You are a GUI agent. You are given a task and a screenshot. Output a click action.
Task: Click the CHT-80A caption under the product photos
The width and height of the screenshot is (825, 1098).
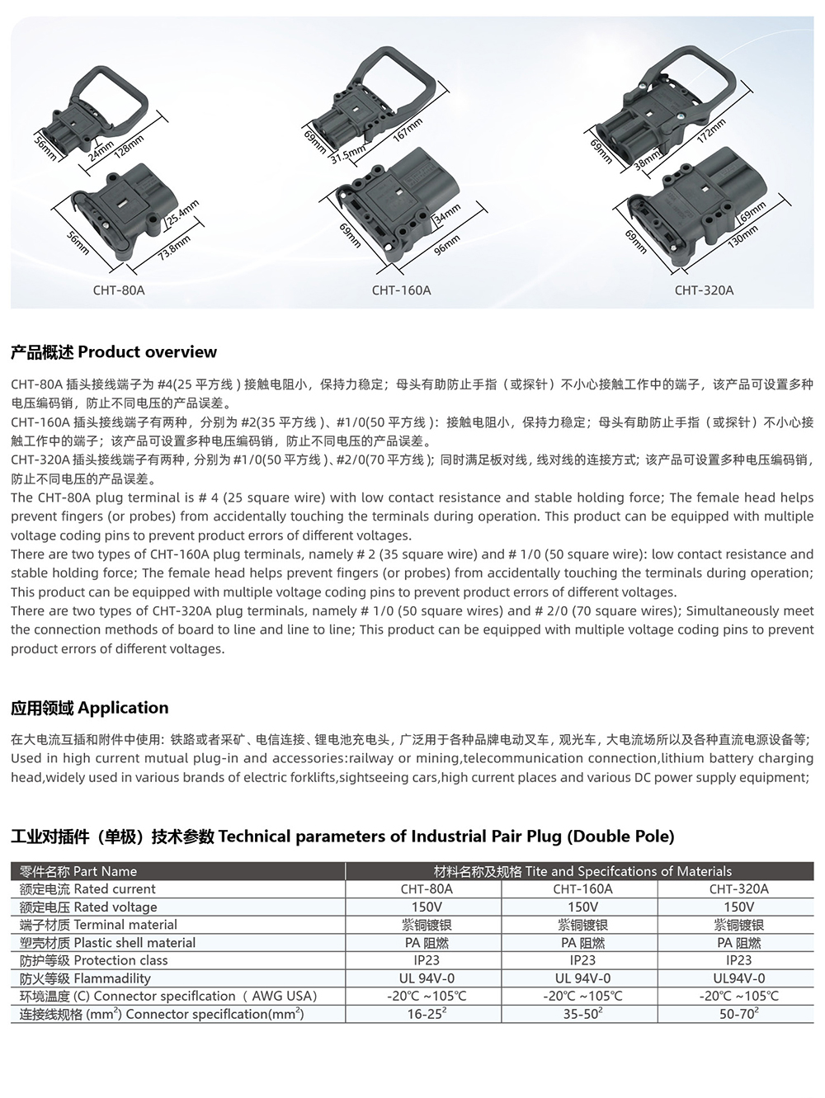click(119, 290)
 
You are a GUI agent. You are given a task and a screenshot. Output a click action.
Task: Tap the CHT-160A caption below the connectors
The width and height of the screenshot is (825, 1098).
click(401, 290)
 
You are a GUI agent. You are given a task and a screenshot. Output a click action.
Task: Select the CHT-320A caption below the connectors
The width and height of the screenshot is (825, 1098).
click(704, 290)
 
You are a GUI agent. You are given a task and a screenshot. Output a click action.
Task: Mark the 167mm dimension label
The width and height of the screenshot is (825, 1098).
click(408, 130)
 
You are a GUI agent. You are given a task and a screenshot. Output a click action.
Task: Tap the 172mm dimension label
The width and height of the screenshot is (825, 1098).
click(711, 130)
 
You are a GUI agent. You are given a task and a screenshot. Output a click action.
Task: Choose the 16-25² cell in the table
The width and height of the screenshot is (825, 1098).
click(427, 1014)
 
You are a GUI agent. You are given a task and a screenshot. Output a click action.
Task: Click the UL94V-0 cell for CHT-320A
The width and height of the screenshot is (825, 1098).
click(738, 978)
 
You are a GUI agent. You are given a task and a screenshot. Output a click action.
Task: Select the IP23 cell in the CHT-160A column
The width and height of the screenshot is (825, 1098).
click(582, 960)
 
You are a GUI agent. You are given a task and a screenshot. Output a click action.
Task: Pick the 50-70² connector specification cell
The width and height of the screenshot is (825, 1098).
click(738, 1014)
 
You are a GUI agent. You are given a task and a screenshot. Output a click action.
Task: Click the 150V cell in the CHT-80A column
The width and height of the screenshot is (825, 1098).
click(427, 907)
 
